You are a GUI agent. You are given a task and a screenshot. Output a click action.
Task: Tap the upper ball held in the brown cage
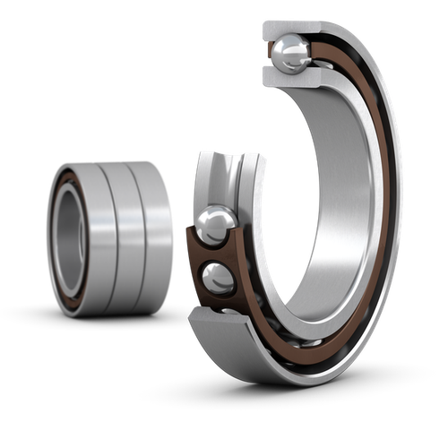click(x=216, y=224)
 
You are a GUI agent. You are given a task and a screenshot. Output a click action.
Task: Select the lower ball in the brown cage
click(x=218, y=277)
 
